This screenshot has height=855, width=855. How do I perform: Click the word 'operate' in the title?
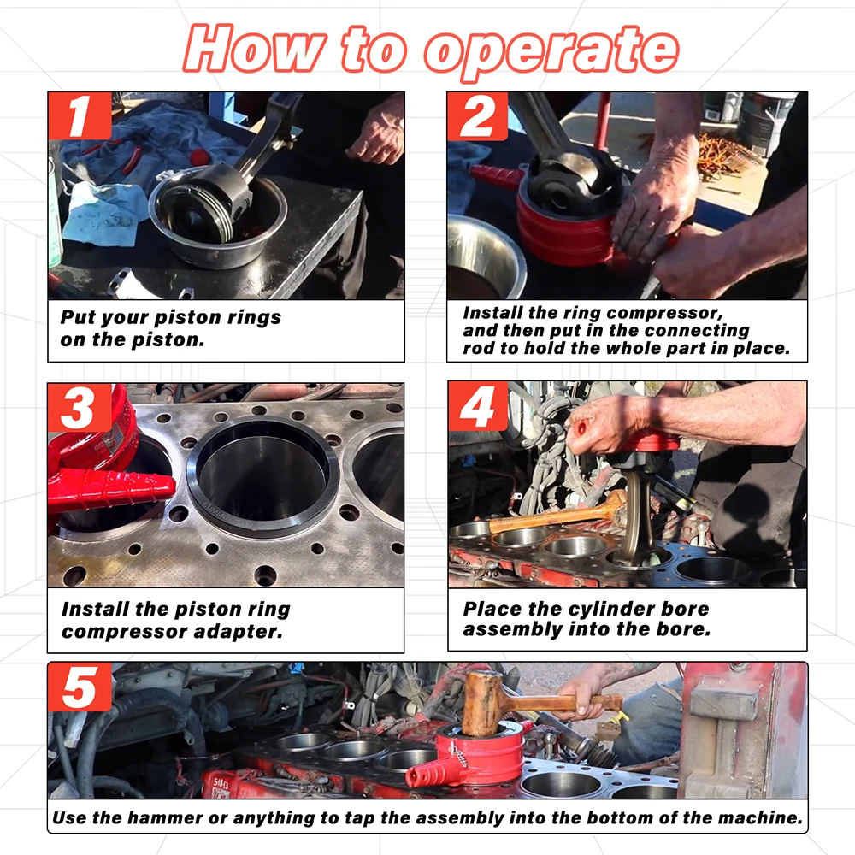tap(551, 50)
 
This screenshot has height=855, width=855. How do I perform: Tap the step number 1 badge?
tap(80, 115)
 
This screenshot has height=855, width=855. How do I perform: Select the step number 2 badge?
tap(478, 116)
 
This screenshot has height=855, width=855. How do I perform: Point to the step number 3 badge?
tap(80, 408)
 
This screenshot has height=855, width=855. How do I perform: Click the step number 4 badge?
tap(478, 406)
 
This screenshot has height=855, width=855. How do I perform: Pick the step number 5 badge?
tap(80, 687)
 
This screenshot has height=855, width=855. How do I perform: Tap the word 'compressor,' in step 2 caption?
tap(664, 312)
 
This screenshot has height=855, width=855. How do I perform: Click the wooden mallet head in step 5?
tap(482, 704)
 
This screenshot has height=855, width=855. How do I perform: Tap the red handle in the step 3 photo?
tap(112, 490)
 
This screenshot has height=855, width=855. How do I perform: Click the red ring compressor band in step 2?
tap(567, 229)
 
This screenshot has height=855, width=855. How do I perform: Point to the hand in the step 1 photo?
tap(375, 131)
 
